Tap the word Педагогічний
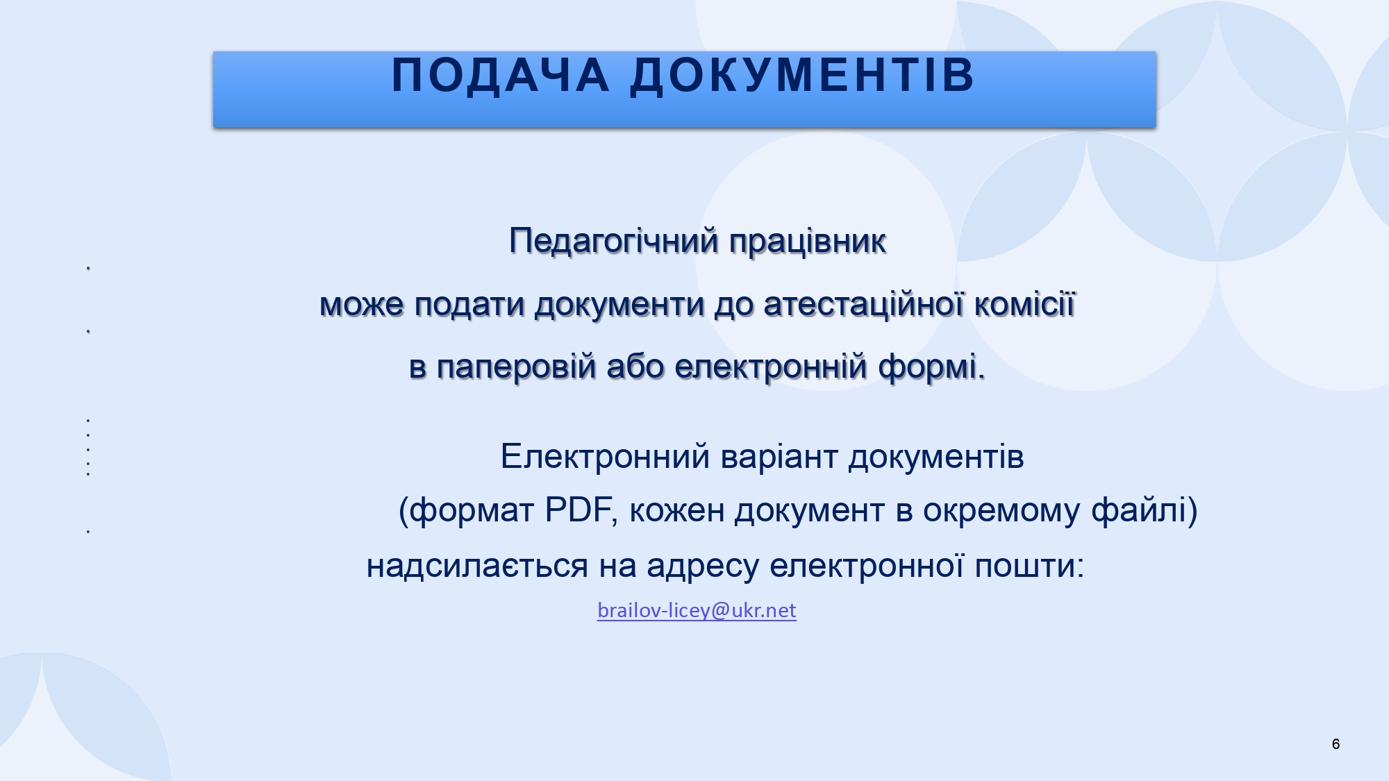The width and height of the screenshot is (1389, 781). [614, 242]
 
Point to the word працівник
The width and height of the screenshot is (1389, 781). [808, 242]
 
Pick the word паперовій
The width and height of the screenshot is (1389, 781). [517, 367]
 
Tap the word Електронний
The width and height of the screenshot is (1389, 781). [606, 457]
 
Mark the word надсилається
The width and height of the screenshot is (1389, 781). [477, 566]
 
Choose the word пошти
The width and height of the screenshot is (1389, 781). [1029, 566]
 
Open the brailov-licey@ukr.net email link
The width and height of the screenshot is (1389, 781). [697, 610]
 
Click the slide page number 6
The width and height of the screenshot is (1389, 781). [1336, 744]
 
